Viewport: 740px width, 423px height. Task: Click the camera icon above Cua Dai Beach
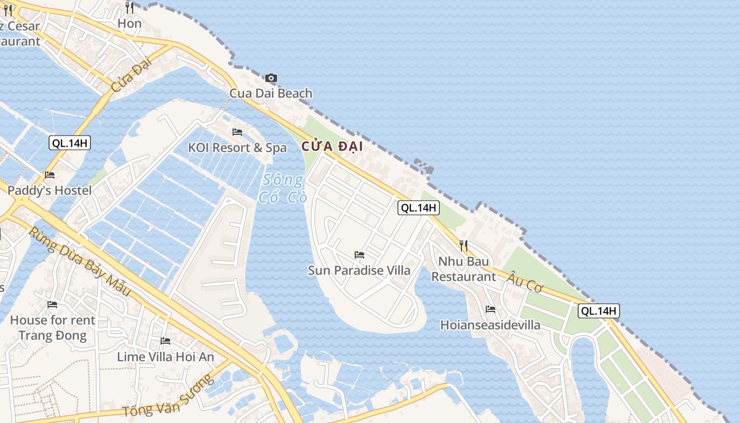point(271,78)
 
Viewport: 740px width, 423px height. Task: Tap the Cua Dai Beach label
point(271,94)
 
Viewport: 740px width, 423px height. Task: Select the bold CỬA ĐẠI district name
point(332,146)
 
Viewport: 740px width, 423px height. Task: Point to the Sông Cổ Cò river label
point(283,189)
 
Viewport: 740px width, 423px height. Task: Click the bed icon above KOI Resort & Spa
point(237,132)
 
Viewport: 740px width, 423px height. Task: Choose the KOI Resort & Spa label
point(237,148)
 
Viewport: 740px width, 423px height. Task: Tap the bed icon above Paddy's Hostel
point(50,175)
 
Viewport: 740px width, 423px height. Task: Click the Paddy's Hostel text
point(50,190)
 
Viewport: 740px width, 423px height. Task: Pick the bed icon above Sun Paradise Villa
point(359,255)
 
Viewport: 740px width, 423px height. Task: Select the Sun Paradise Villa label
point(359,271)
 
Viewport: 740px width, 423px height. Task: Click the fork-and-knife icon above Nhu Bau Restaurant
point(464,246)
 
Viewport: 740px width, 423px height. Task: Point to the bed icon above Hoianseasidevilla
point(491,309)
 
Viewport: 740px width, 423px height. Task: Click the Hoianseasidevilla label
point(491,325)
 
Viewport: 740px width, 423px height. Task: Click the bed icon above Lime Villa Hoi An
point(165,341)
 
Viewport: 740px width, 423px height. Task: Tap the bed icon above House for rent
point(52,304)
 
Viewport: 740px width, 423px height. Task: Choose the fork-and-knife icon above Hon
point(129,7)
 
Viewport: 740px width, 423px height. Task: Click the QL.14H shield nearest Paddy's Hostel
point(70,143)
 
